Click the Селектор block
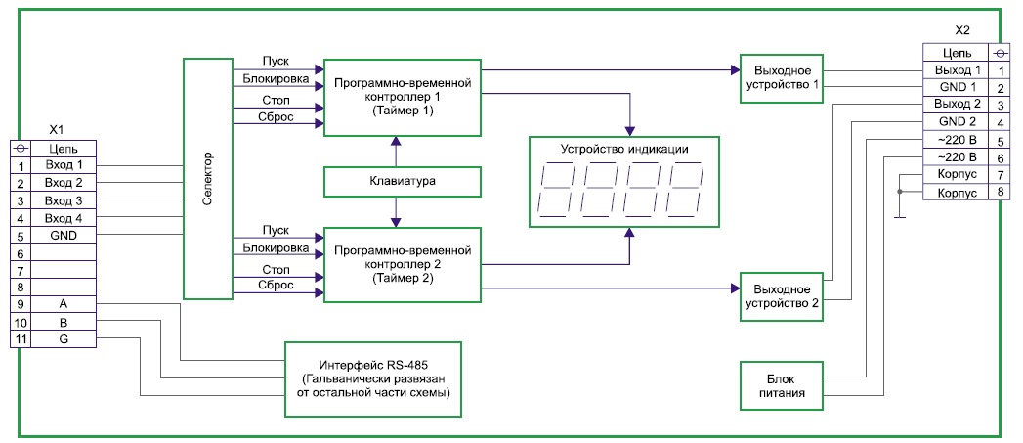coord(207,178)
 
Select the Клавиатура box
coord(403,181)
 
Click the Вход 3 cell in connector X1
coord(64,200)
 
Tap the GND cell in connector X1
coord(64,236)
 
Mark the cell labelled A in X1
coord(64,304)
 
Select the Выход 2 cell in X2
coord(957,105)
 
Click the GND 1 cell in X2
coord(957,88)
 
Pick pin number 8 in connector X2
coord(1001,194)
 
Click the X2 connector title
coord(963,32)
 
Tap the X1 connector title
coord(57,129)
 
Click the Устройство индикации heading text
coord(624,150)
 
